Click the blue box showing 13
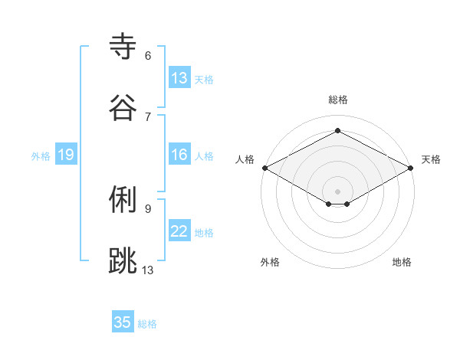coord(179,78)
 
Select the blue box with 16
coord(179,155)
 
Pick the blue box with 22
coord(179,232)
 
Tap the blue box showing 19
coord(65,155)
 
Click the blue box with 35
coord(123,322)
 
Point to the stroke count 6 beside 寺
coord(148,56)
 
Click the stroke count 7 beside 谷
coord(148,116)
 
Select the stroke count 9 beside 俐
coord(148,208)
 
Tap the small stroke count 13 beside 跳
coord(148,269)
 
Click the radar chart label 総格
coord(337,100)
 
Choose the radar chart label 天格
coord(431,159)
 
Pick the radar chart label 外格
coord(270,262)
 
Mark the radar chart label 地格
coord(402,262)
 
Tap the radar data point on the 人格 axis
coord(264,168)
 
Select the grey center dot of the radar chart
coord(337,191)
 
